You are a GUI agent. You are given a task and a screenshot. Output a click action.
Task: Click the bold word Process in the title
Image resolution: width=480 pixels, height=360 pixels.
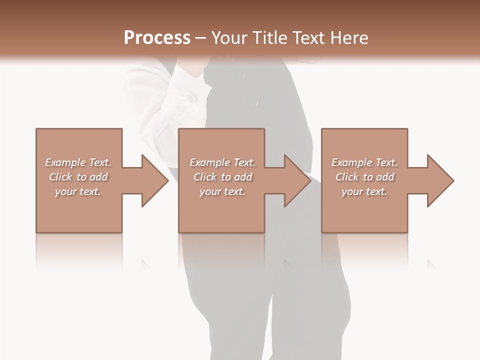[157, 38]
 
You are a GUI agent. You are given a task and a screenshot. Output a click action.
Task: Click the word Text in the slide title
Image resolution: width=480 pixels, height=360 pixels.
[308, 38]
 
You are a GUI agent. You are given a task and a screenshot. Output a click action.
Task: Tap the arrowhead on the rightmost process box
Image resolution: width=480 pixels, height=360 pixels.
[439, 180]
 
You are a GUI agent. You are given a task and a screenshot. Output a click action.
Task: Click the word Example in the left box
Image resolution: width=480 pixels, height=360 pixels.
[65, 162]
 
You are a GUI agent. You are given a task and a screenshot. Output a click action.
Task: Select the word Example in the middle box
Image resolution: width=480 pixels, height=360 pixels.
[209, 162]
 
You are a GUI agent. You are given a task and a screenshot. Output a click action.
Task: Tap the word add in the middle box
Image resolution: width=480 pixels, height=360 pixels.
[243, 177]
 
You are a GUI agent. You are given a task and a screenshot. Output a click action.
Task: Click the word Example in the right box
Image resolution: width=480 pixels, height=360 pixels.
[351, 162]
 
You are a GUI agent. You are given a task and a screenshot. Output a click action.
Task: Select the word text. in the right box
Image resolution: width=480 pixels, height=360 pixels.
[376, 191]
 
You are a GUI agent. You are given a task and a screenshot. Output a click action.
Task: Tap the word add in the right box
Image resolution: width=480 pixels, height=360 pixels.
[385, 177]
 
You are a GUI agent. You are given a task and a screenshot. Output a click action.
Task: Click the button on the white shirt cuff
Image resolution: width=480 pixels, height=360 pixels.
[192, 99]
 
